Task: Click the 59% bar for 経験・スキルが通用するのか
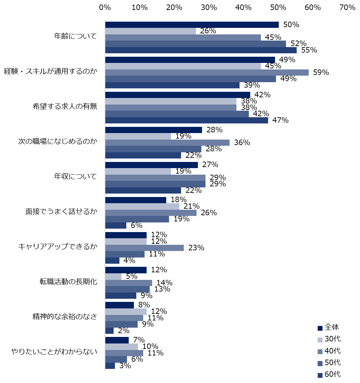pyautogui.click(x=207, y=73)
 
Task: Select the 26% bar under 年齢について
pyautogui.click(x=151, y=31)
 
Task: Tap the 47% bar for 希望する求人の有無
pyautogui.click(x=187, y=120)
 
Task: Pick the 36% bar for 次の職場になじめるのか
pyautogui.click(x=168, y=143)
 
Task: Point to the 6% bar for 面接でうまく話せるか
pyautogui.click(x=116, y=226)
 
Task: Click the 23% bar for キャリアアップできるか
pyautogui.click(x=145, y=248)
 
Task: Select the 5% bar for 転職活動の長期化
pyautogui.click(x=114, y=276)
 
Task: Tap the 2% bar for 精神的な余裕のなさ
pyautogui.click(x=109, y=331)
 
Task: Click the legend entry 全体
pyautogui.click(x=328, y=328)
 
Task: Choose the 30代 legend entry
pyautogui.click(x=329, y=339)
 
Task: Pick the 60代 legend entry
pyautogui.click(x=329, y=374)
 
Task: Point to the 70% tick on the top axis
pyautogui.click(x=347, y=8)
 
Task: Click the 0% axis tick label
pyautogui.click(x=105, y=8)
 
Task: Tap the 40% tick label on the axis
pyautogui.click(x=243, y=8)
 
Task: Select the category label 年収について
pyautogui.click(x=76, y=176)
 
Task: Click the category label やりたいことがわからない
pyautogui.click(x=54, y=352)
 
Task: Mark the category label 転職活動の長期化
pyautogui.click(x=68, y=282)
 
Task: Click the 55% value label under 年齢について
pyautogui.click(x=309, y=50)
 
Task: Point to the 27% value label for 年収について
pyautogui.click(x=210, y=165)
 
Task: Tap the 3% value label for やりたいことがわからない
pyautogui.click(x=125, y=366)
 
